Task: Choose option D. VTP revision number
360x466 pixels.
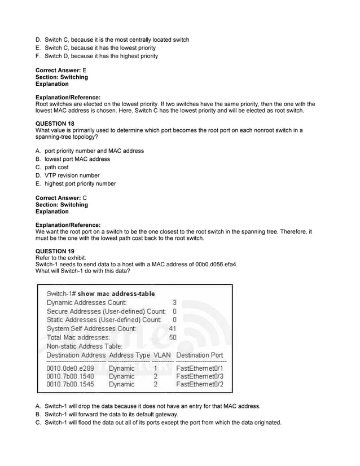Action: [67, 175]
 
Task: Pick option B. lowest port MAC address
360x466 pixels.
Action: [73, 159]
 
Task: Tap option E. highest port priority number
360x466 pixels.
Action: [76, 183]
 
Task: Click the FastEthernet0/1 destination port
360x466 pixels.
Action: [200, 368]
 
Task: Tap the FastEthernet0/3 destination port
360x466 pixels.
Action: [200, 376]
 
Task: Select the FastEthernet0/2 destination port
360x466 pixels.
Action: [200, 384]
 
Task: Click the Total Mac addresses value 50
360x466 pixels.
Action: [173, 337]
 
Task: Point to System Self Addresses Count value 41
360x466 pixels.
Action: [173, 328]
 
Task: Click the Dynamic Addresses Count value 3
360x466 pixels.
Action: [174, 302]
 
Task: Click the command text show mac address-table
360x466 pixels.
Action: [116, 294]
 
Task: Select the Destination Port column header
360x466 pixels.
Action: [200, 355]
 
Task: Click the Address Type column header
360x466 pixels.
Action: [129, 355]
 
